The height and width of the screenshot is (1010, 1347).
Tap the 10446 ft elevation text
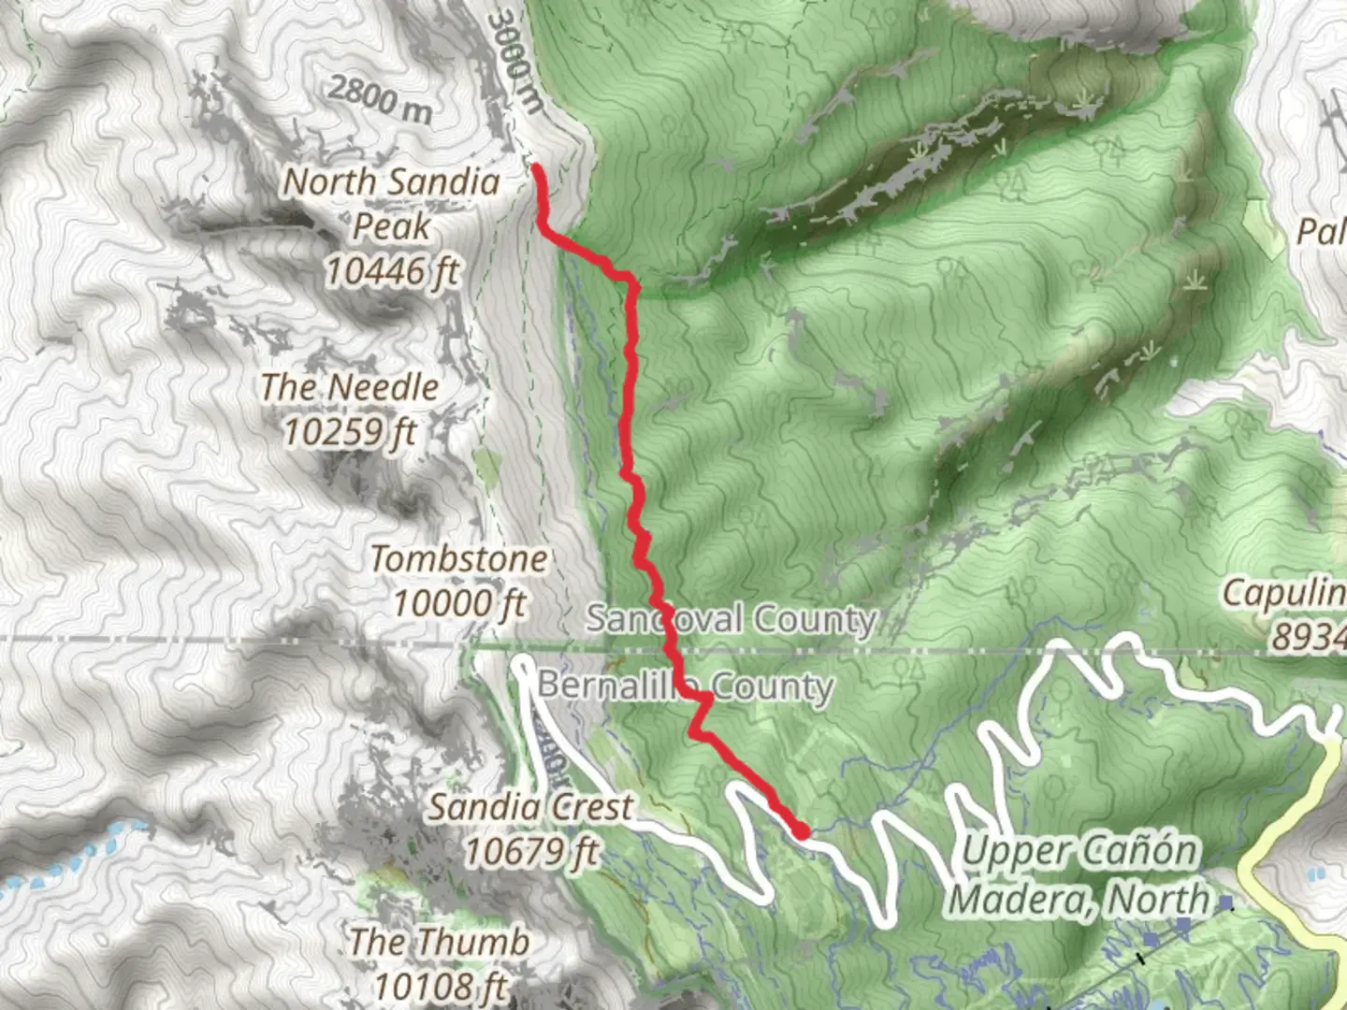[x=392, y=271]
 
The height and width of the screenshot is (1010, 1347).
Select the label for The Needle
[x=349, y=386]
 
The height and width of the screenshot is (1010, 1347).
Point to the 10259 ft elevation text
[x=349, y=431]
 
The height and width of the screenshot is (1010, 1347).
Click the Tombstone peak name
[x=458, y=558]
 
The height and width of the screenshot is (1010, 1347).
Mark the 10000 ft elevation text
[x=458, y=603]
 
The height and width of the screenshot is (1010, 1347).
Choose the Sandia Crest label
[x=530, y=806]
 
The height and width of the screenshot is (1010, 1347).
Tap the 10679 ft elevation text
[x=530, y=851]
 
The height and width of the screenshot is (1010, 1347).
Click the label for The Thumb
[x=439, y=941]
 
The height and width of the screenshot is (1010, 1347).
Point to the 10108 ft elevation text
[x=439, y=985]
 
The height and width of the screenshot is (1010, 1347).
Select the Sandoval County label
[x=731, y=618]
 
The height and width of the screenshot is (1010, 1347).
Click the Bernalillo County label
[x=685, y=685]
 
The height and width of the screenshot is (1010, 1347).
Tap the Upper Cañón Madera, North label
[x=1080, y=874]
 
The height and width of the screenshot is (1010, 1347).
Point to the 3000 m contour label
[x=515, y=62]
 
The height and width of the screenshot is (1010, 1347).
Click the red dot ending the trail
[x=802, y=830]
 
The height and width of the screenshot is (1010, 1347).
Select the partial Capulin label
[x=1283, y=592]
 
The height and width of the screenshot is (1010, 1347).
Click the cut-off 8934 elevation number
[x=1307, y=637]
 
